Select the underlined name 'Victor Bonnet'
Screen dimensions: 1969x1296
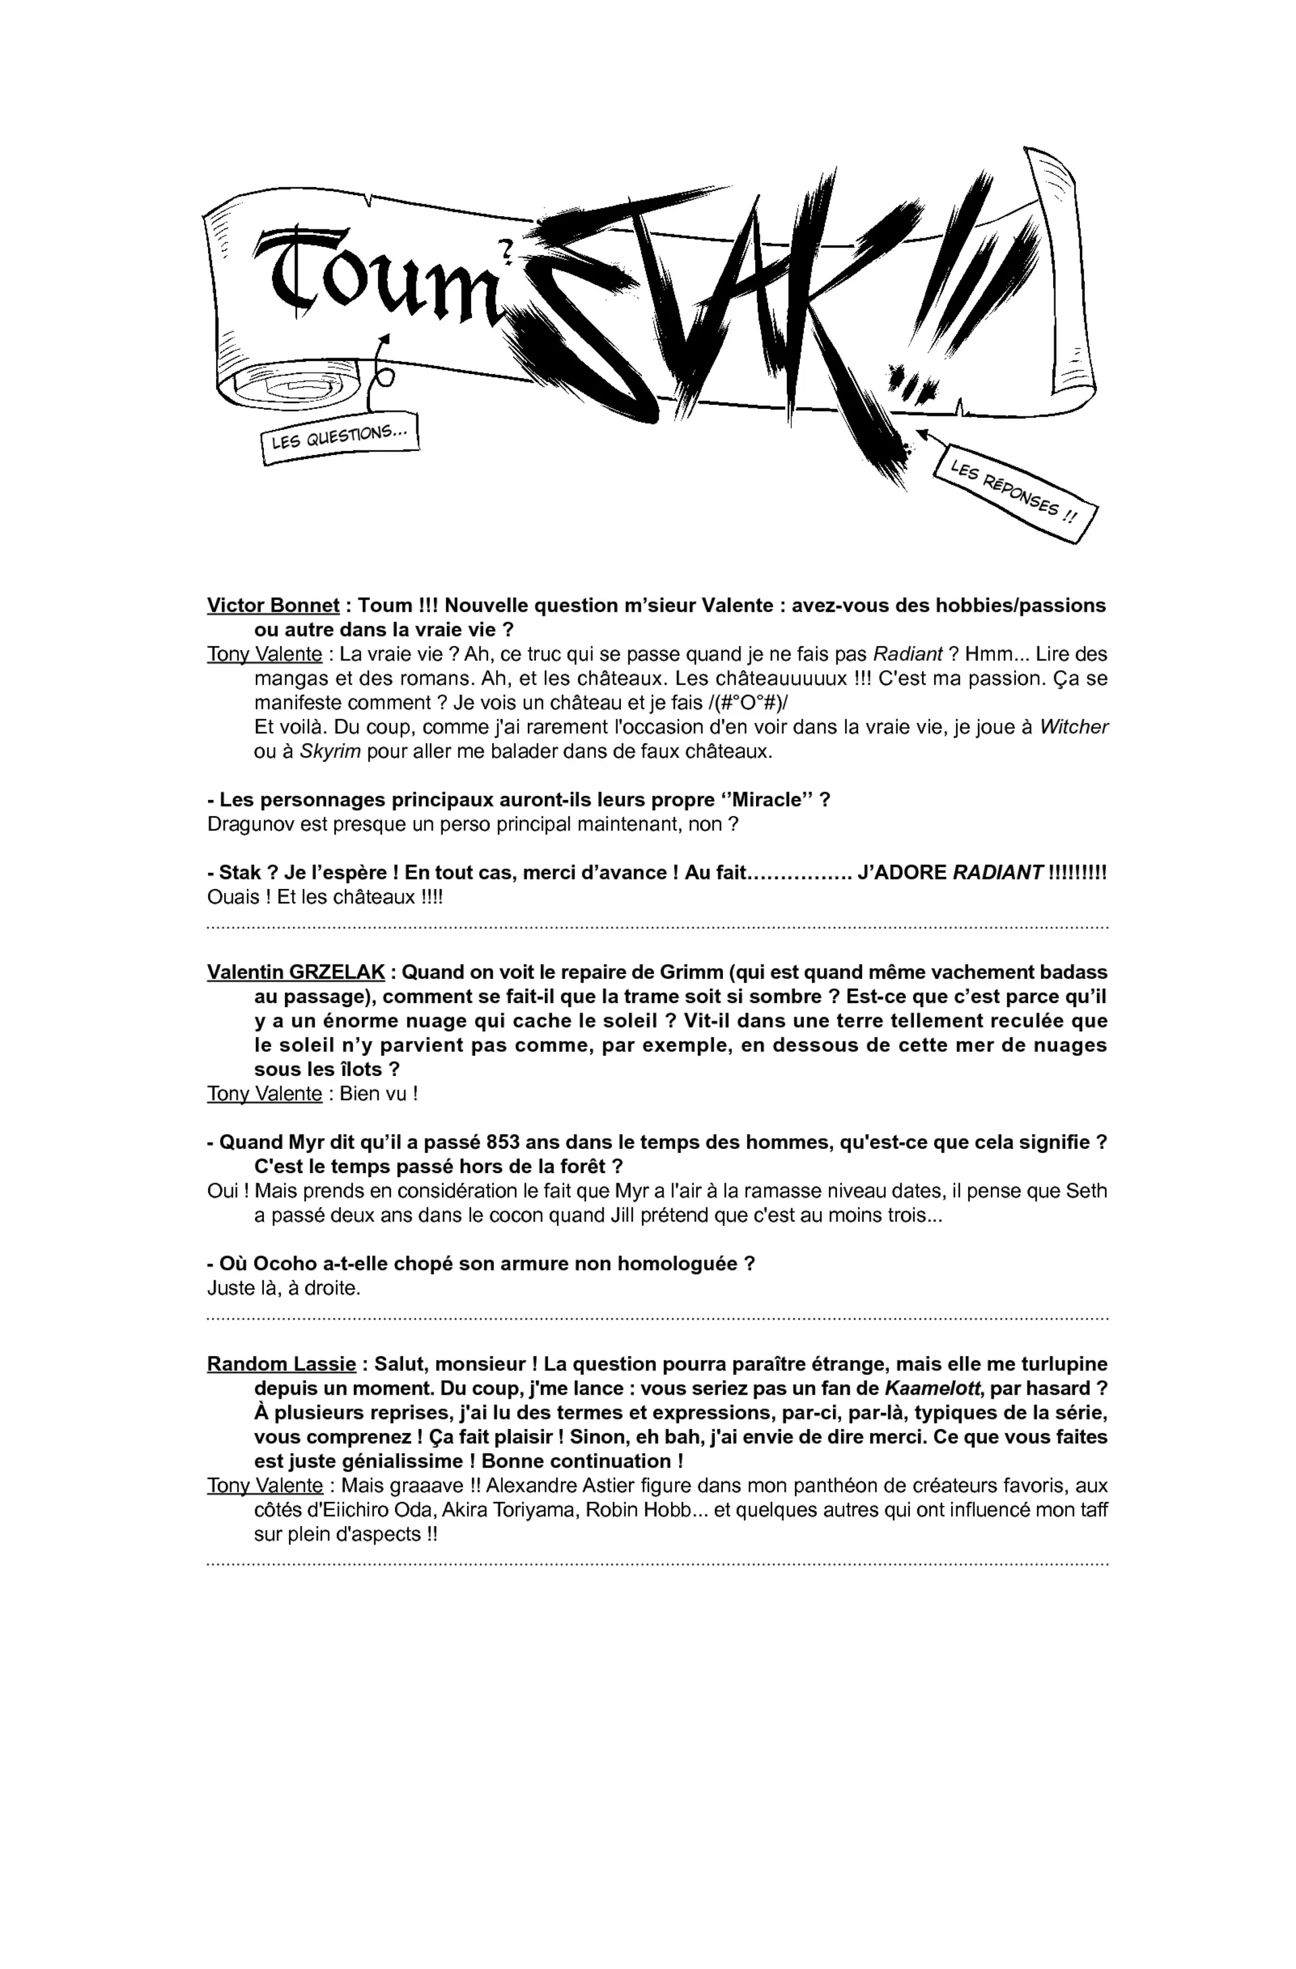pyautogui.click(x=273, y=605)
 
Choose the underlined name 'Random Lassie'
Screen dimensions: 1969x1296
pyautogui.click(x=281, y=1364)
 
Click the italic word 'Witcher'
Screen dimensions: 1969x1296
pyautogui.click(x=1073, y=727)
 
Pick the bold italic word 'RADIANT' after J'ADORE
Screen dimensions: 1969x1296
pyautogui.click(x=998, y=873)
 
